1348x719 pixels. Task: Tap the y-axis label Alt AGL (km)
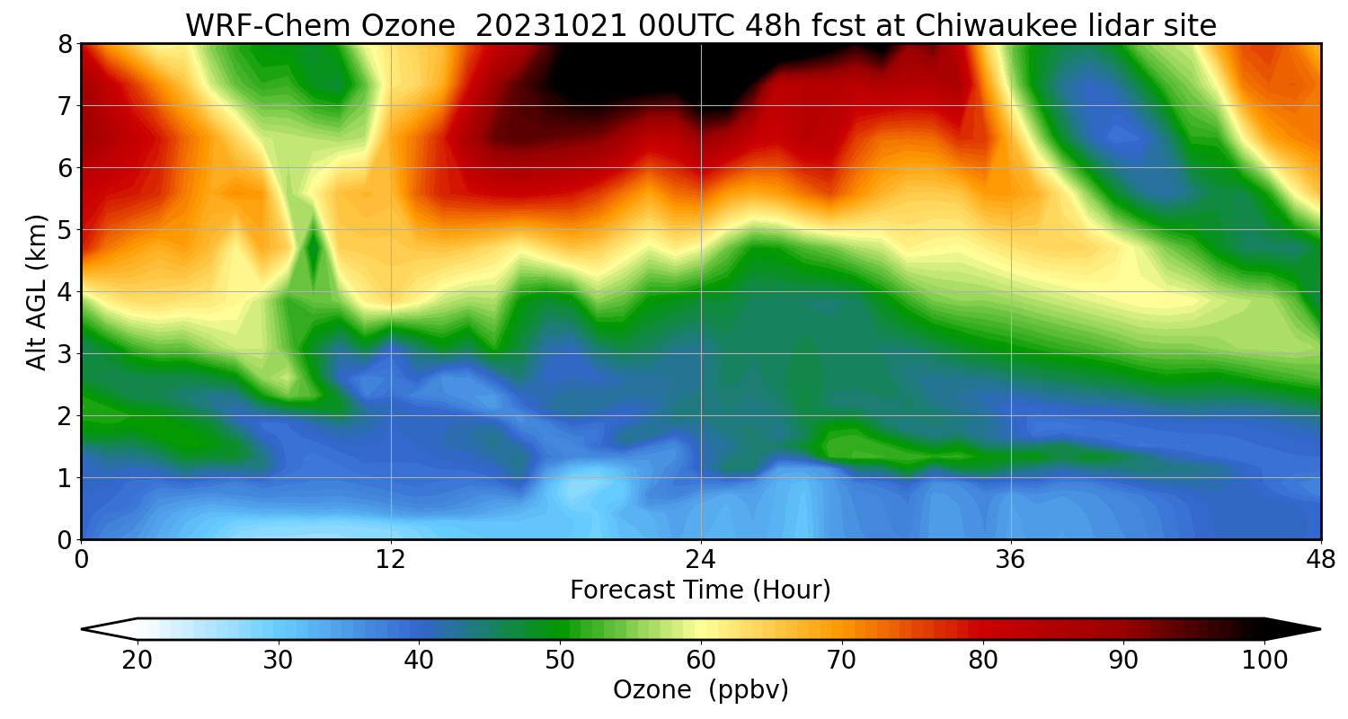point(37,292)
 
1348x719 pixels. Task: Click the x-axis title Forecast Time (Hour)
point(700,590)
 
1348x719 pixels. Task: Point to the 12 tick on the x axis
point(391,559)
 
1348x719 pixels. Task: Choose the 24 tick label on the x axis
point(701,559)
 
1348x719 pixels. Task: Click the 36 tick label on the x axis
point(1011,559)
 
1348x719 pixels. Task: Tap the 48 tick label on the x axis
point(1320,559)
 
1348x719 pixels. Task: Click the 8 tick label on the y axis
point(65,44)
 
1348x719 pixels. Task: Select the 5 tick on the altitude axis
point(65,230)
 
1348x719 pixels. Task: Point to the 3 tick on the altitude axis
point(65,354)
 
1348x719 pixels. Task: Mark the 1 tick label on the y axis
point(65,478)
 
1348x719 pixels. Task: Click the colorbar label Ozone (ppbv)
point(700,690)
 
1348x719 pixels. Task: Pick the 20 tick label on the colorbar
point(137,661)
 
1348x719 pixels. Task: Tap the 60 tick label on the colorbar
point(701,661)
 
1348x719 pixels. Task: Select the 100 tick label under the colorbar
point(1264,661)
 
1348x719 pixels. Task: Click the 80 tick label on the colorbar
point(983,661)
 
